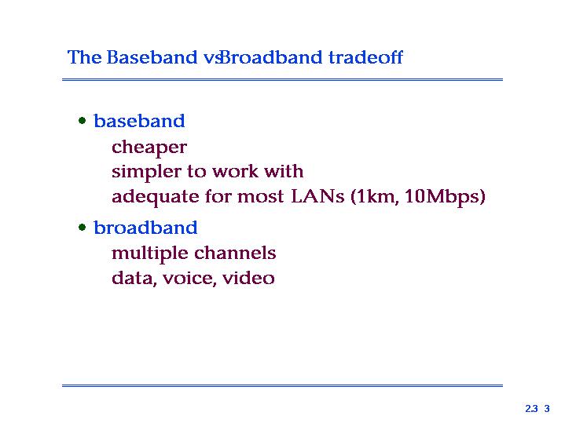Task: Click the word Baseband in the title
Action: coord(152,57)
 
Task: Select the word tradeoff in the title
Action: coord(365,57)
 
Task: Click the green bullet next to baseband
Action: coord(83,120)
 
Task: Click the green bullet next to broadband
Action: coord(83,227)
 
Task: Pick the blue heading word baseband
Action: coord(139,121)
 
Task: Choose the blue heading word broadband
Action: coord(145,228)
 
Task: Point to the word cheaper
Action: coord(149,148)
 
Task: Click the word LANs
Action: coord(317,196)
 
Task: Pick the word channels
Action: coord(235,253)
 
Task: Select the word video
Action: coord(248,278)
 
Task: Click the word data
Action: coord(134,279)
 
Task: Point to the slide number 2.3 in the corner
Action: coord(531,409)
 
